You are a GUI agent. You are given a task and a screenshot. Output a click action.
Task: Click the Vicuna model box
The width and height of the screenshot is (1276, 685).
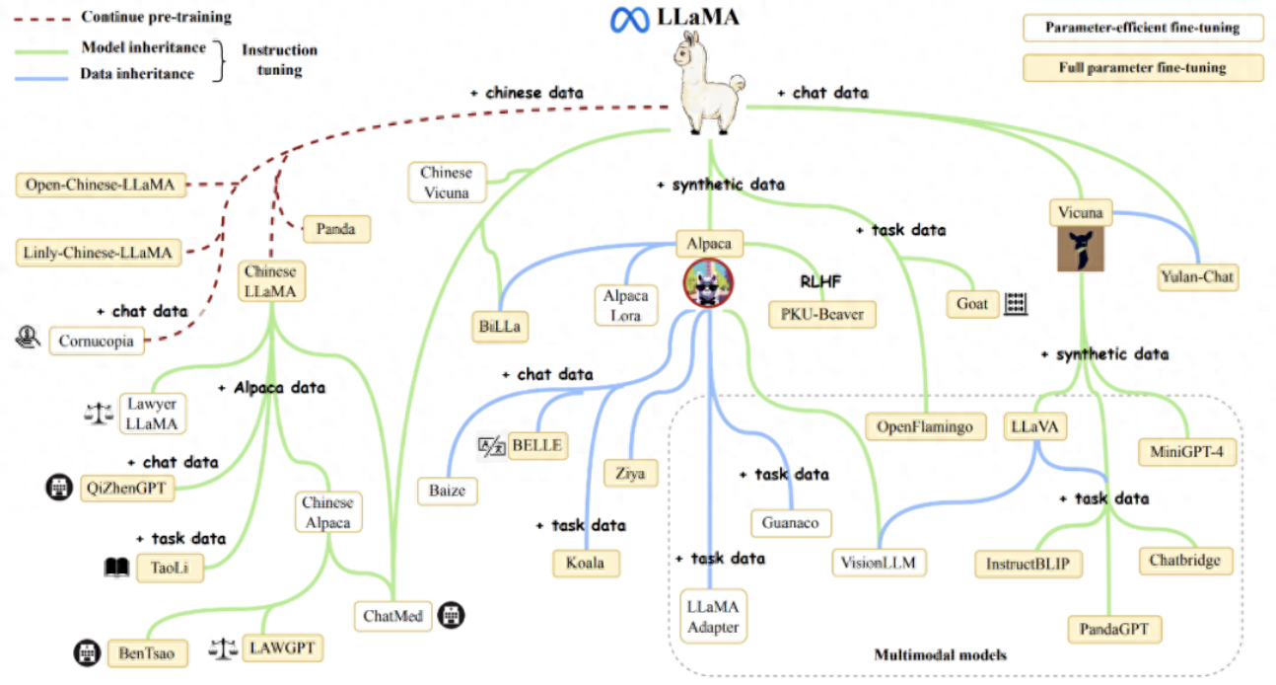point(1081,212)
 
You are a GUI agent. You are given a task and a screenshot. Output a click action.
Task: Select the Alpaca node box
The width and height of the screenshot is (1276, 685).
point(710,243)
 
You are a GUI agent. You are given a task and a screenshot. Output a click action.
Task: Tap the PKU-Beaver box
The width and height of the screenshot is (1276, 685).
point(821,314)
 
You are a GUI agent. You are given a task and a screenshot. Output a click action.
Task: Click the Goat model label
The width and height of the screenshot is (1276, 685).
point(972,304)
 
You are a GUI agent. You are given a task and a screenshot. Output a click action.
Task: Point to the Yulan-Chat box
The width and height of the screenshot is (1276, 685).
point(1196,277)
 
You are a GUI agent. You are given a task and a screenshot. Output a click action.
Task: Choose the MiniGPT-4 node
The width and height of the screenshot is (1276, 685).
point(1186,452)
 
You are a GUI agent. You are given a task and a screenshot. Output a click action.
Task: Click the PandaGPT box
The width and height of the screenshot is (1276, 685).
point(1114,629)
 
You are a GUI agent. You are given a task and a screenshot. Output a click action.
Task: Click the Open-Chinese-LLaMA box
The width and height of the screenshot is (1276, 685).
point(102,185)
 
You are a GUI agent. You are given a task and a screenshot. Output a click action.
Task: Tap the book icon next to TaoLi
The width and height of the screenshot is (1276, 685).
point(117,568)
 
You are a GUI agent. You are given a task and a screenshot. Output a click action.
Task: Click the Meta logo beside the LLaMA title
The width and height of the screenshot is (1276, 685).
point(625,19)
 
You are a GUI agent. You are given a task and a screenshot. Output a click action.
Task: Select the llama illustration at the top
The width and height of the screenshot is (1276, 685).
point(710,84)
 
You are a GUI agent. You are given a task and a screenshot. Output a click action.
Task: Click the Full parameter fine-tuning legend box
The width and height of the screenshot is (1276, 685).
point(1142,68)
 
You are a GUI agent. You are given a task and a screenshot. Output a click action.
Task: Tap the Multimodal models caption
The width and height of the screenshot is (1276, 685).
point(940,654)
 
